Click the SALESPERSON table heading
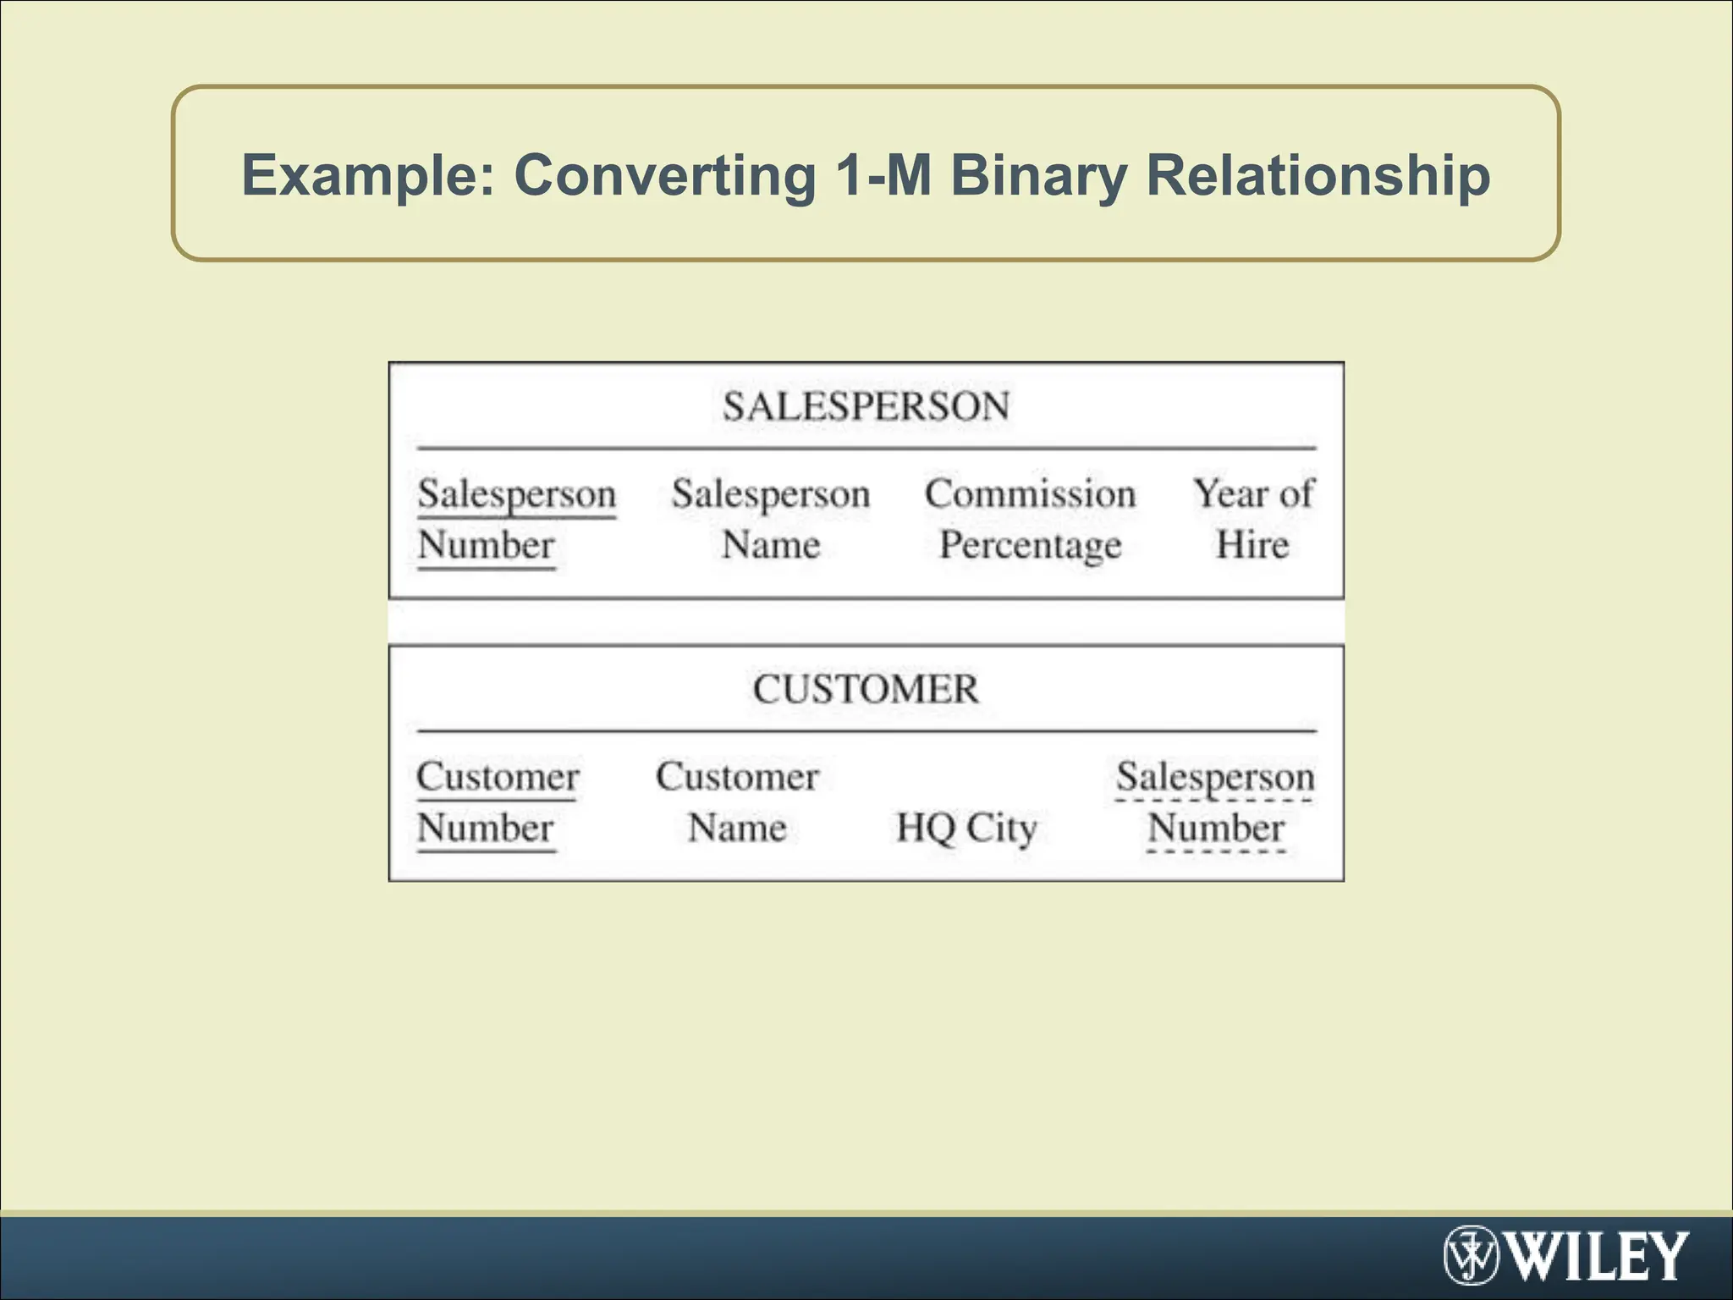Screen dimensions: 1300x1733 click(x=866, y=406)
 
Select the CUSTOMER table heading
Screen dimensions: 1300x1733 click(x=866, y=689)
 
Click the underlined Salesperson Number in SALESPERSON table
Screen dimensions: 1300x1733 click(x=516, y=519)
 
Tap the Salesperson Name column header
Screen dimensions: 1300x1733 click(x=771, y=519)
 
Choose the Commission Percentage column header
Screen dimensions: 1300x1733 click(x=1030, y=519)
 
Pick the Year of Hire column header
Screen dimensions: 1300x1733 click(x=1253, y=519)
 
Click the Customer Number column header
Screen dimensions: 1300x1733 click(x=498, y=801)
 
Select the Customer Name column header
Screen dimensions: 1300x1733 click(x=737, y=801)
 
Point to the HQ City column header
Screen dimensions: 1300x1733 click(x=966, y=828)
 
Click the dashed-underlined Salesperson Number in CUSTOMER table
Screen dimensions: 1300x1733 click(x=1215, y=801)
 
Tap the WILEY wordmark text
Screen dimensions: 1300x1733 click(x=1598, y=1257)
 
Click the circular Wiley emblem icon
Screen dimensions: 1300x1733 click(x=1471, y=1256)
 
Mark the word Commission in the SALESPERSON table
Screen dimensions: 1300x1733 click(x=1030, y=493)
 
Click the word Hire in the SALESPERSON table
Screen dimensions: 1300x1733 click(x=1252, y=544)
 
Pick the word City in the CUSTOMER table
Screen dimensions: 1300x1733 click(x=1001, y=828)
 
